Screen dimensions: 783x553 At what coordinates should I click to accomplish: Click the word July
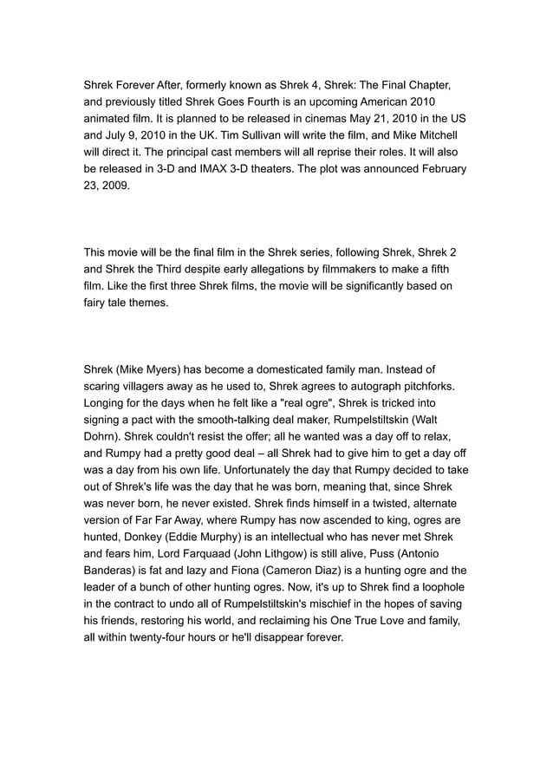(119, 136)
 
